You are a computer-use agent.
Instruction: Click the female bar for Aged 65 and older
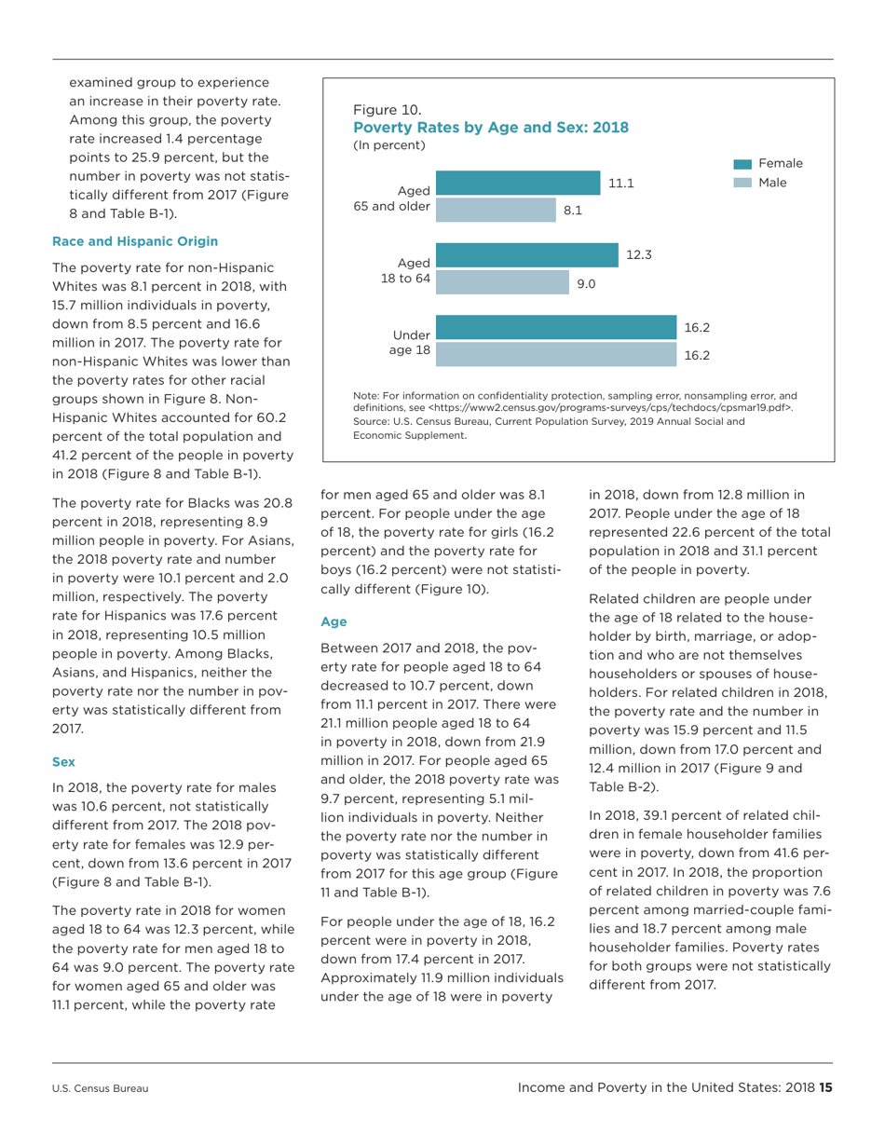click(x=518, y=184)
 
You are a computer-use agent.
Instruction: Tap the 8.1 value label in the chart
click(x=573, y=211)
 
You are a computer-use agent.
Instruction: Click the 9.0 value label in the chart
click(x=586, y=283)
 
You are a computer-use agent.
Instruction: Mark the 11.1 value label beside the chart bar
click(x=621, y=184)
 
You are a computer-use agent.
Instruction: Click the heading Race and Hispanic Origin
click(x=135, y=241)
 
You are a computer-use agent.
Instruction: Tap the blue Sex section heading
click(x=63, y=761)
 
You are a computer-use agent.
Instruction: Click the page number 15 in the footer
click(x=824, y=1086)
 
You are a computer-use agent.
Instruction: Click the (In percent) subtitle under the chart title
click(x=388, y=145)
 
